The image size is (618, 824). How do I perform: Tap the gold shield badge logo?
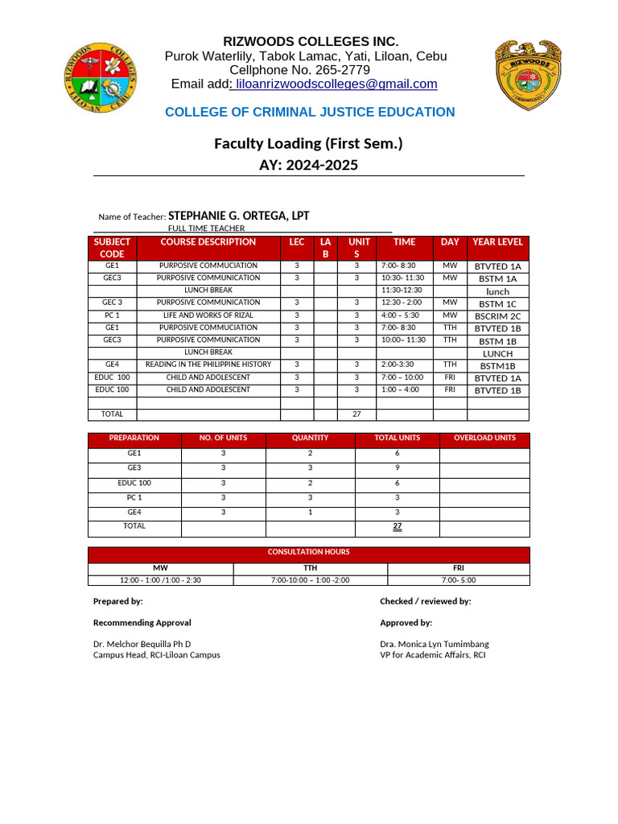pos(527,75)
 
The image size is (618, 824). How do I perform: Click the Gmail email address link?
pos(335,84)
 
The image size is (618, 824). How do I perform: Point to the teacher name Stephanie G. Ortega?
pos(238,216)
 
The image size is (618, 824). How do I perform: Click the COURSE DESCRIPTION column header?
pos(208,241)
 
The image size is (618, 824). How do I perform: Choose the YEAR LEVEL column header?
pos(497,241)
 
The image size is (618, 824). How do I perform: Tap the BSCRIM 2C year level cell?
pos(498,316)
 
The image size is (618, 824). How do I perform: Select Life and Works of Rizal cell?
pos(208,315)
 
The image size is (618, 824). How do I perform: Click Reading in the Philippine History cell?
pos(208,365)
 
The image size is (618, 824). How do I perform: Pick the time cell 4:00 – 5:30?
pos(403,315)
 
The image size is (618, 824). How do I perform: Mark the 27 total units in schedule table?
pos(356,414)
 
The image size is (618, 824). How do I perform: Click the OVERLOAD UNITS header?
pos(484,439)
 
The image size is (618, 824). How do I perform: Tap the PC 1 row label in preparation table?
pos(134,498)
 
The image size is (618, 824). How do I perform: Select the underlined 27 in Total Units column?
pos(398,526)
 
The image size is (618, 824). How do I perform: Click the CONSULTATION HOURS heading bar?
pos(309,553)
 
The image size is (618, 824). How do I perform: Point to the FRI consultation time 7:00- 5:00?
pos(459,580)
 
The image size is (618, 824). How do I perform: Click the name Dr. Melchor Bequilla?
pos(142,644)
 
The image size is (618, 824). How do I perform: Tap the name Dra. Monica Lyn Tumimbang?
pos(435,644)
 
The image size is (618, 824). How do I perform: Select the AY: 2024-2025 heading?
pos(308,165)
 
